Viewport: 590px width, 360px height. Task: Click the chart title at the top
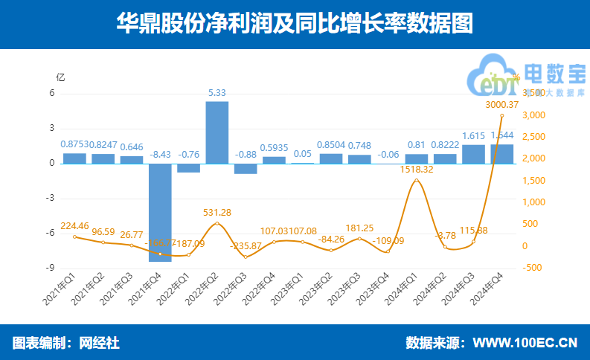tap(295, 24)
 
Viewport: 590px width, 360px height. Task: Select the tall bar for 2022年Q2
tap(217, 132)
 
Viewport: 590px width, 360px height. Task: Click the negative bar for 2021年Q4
tap(160, 212)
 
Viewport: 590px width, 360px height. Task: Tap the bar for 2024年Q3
tap(473, 154)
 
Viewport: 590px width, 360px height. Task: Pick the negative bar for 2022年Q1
tap(189, 168)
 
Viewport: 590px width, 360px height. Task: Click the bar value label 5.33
tap(217, 93)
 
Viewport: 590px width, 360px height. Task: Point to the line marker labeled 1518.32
tap(416, 181)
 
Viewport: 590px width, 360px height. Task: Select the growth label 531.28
tap(217, 213)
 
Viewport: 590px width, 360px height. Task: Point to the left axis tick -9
tap(52, 269)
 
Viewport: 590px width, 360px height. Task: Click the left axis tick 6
tap(52, 94)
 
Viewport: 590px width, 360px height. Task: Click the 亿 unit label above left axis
tap(61, 77)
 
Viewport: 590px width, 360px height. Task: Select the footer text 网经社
tap(99, 343)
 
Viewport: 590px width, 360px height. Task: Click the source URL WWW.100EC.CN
tap(525, 343)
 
